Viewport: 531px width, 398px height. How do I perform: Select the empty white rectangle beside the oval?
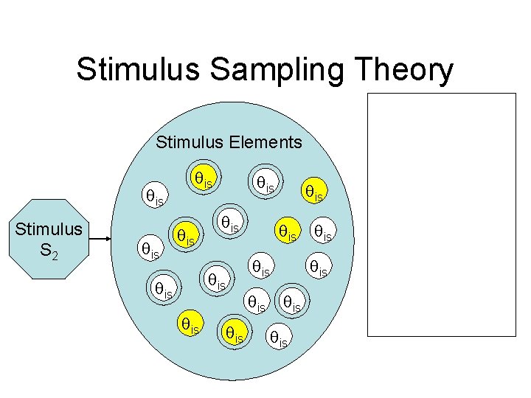pyautogui.click(x=442, y=214)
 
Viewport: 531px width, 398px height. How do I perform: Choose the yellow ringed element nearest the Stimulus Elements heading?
pyautogui.click(x=204, y=178)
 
